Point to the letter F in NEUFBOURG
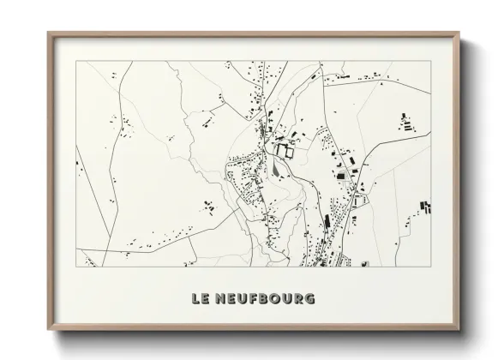click(x=254, y=298)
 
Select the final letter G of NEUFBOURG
click(x=309, y=298)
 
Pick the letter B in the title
click(x=266, y=298)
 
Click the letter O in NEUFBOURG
click(x=278, y=298)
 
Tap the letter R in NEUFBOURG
click(x=297, y=298)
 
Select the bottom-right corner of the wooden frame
click(x=459, y=331)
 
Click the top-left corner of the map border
click(x=76, y=62)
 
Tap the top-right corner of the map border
click(x=431, y=62)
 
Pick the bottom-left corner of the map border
click(x=76, y=266)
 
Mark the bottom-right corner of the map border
click(x=431, y=266)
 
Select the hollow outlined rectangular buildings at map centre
click(x=285, y=152)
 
